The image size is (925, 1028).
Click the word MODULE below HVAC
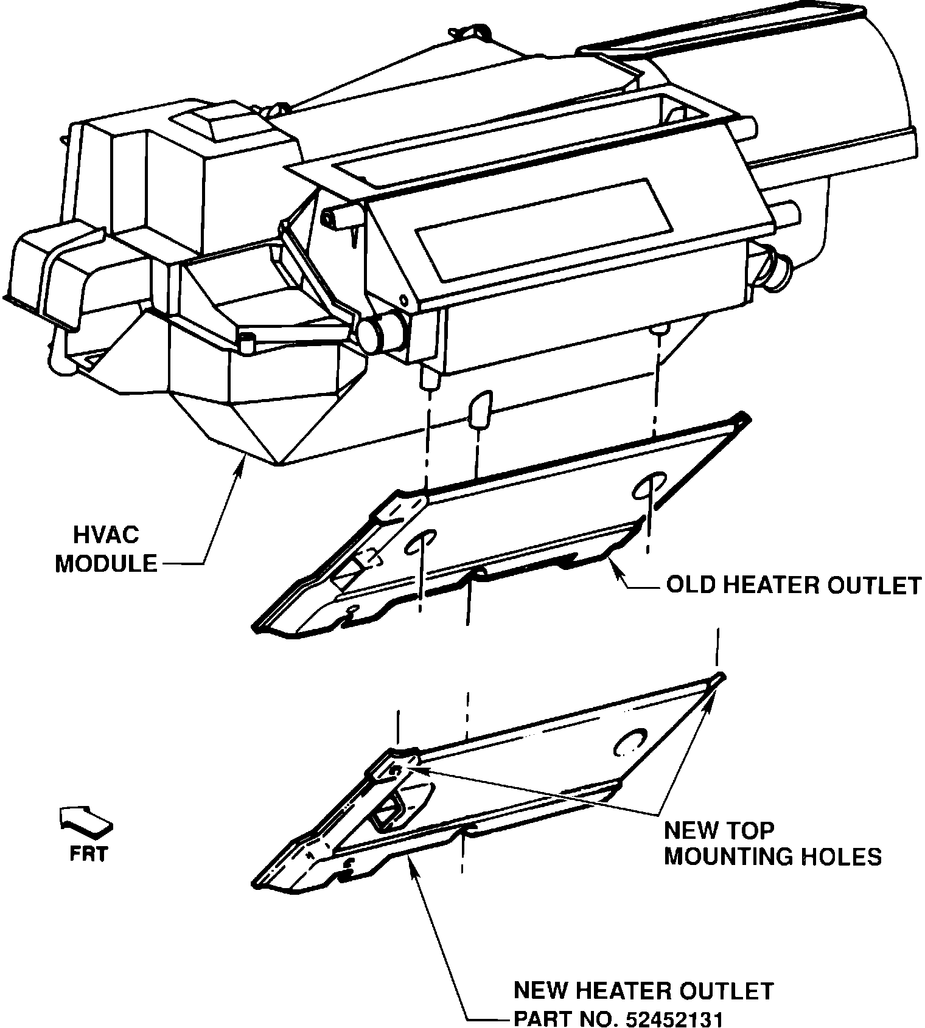pos(106,564)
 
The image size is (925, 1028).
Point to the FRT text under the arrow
pos(88,854)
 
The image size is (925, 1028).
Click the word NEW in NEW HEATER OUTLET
pos(540,991)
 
